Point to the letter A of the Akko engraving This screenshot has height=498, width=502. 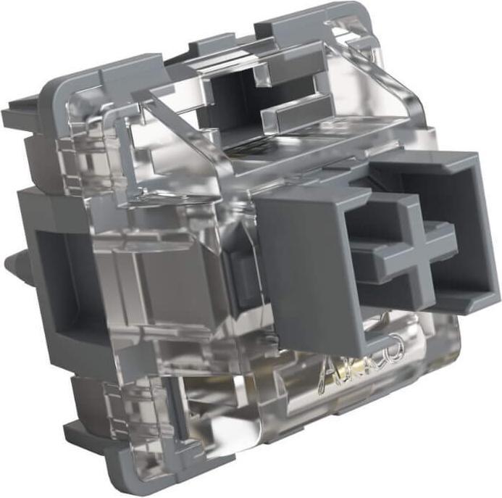(x=325, y=370)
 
